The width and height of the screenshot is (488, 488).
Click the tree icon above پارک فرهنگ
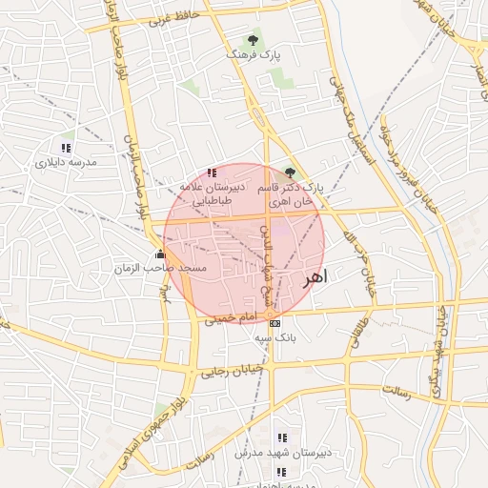[253, 40]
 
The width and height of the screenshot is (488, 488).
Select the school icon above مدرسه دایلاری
[66, 148]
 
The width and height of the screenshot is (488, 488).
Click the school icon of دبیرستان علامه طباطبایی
[211, 173]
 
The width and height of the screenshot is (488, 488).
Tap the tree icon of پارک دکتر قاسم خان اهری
[291, 173]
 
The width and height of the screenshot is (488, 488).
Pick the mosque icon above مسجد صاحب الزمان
[159, 254]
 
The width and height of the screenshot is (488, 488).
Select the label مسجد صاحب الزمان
[173, 270]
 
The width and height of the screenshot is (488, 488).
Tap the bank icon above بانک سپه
[274, 323]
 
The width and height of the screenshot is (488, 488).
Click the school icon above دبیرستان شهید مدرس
[280, 437]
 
